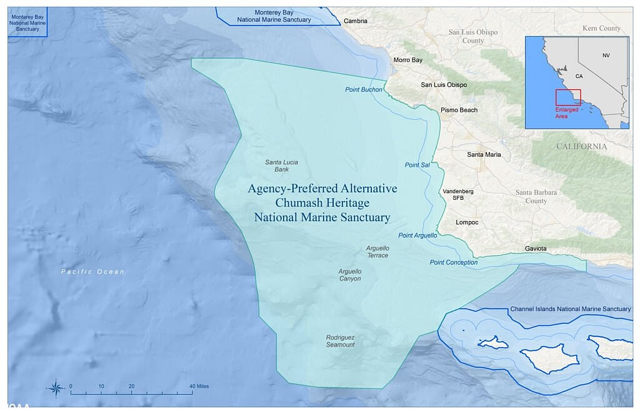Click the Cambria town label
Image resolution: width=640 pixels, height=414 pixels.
(x=356, y=21)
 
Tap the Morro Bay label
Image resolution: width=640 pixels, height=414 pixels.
(x=407, y=60)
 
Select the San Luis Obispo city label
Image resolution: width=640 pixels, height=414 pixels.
(x=444, y=84)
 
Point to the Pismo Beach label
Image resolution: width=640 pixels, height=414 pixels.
(x=459, y=110)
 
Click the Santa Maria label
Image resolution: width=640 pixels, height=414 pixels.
(x=484, y=154)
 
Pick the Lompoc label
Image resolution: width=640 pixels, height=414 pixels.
(x=467, y=222)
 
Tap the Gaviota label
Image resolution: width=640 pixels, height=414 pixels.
(x=536, y=249)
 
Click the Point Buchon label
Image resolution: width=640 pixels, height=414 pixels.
(x=363, y=90)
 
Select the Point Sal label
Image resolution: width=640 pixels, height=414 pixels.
(x=417, y=165)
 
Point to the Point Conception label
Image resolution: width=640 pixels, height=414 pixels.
(x=453, y=262)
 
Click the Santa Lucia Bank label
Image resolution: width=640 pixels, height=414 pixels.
(x=281, y=165)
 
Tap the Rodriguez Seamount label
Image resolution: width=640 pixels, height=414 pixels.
(x=341, y=341)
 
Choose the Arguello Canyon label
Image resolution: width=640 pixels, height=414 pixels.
(x=350, y=275)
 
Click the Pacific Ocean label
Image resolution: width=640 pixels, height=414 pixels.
(x=93, y=272)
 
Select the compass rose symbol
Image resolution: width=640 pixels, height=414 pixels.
(x=56, y=388)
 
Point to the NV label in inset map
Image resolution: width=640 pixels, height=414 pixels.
(x=606, y=56)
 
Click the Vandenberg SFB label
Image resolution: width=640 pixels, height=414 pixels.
(x=457, y=194)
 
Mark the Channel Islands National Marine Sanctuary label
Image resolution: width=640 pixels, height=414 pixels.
(x=571, y=309)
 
